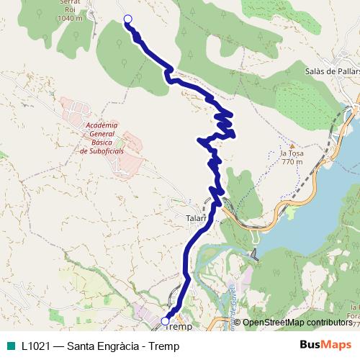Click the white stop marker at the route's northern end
pos(128,19)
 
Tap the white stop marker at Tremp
pos(166,321)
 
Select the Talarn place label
pos(196,215)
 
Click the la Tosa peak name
pos(292,153)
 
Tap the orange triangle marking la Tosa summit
pos(292,145)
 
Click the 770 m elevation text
pos(292,161)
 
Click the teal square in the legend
pos(9,346)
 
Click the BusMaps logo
pos(325,345)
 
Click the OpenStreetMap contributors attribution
pos(298,323)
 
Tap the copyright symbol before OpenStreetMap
pos(238,323)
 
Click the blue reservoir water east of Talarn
pos(317,216)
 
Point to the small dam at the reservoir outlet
pos(253,253)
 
